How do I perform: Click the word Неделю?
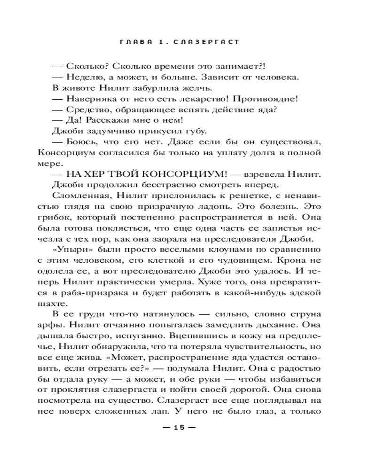pyautogui.click(x=82, y=77)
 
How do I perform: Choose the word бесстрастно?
pyautogui.click(x=165, y=185)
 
